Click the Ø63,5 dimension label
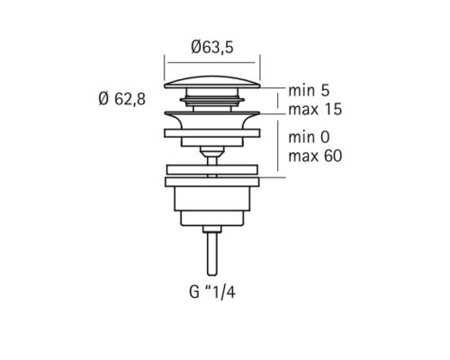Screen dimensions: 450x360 (x=212, y=48)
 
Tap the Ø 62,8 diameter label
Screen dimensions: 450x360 (x=122, y=99)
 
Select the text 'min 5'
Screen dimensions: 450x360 (x=309, y=90)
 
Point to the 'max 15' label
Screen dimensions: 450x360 (x=315, y=109)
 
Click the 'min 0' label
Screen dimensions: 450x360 (x=309, y=138)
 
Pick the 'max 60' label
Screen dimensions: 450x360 (x=315, y=156)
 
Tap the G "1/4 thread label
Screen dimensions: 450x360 (x=212, y=292)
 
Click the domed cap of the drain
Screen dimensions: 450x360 (x=212, y=82)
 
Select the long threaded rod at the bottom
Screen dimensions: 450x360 (x=212, y=254)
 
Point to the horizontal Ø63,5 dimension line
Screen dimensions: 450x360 (x=211, y=63)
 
